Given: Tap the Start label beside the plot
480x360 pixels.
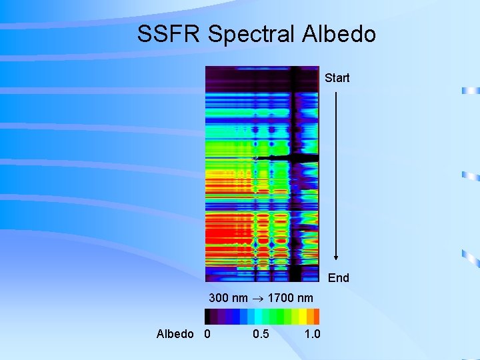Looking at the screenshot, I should pos(337,78).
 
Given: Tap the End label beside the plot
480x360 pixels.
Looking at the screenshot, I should pos(338,277).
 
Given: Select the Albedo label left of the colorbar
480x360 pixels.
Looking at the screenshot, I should pos(175,333).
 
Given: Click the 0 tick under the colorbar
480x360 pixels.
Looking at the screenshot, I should pos(207,333).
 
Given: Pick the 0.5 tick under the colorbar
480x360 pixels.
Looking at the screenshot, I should pos(261,333).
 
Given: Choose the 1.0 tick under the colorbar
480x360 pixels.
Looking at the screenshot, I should pos(312,333).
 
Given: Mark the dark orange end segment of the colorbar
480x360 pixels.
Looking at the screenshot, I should pos(316,316).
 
